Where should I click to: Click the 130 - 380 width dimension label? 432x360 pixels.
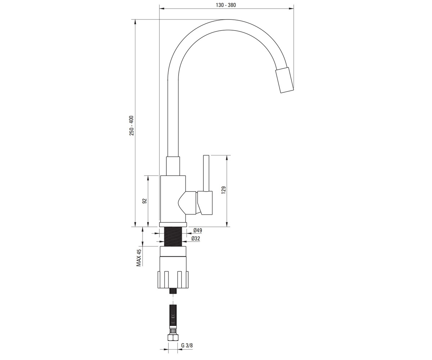coord(226,5)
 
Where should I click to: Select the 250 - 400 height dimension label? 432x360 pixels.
coord(132,126)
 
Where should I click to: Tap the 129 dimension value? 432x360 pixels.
coord(224,190)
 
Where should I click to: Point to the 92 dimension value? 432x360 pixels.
coord(145,201)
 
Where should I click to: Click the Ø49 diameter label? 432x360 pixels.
coord(198,230)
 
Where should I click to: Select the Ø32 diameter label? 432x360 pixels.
coord(196,239)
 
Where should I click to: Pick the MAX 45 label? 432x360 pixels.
coord(139,258)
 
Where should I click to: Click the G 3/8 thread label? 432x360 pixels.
coord(187,345)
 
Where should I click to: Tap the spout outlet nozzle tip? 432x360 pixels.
coord(284,80)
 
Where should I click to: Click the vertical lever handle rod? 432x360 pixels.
coord(206,173)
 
